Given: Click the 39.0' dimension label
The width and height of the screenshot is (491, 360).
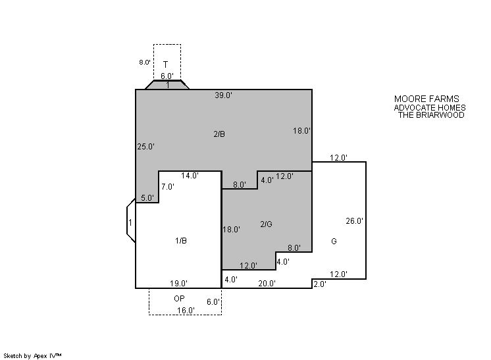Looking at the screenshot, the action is (223, 95).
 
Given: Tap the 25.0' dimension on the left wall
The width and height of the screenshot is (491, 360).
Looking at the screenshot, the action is (145, 147).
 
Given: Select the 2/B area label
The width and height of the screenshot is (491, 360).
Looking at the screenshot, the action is (219, 134).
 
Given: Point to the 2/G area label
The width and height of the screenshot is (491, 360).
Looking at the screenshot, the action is (266, 224).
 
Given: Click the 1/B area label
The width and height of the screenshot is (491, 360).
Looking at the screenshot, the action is (181, 241).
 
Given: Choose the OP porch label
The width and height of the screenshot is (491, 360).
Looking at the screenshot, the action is (179, 299).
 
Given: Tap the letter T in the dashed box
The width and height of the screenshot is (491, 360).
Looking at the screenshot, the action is (166, 64).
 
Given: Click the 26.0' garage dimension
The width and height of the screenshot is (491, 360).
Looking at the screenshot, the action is (354, 221).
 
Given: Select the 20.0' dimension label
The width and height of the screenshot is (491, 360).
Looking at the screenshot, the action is (267, 284).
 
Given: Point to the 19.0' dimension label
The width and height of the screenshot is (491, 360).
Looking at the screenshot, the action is (178, 284).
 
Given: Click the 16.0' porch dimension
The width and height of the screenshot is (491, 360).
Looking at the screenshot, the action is (186, 311).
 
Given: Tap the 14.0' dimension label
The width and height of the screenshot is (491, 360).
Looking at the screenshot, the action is (190, 176).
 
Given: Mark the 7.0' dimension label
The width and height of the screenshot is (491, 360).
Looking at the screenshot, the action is (168, 187).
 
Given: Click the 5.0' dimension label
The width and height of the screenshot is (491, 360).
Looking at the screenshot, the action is (147, 198).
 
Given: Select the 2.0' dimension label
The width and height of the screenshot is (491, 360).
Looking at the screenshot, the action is (320, 284).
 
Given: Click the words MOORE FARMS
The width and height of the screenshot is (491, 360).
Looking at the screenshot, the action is (426, 99).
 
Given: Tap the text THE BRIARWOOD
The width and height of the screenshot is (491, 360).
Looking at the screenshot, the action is (431, 115).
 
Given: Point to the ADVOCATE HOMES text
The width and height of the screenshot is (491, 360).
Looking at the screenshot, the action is (430, 108).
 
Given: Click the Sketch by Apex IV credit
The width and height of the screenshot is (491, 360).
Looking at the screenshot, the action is (32, 355).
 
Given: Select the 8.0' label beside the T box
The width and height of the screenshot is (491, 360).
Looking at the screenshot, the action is (145, 63).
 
